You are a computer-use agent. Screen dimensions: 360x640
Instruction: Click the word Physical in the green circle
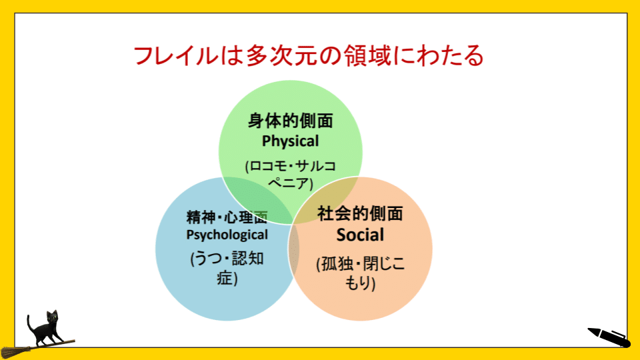(291, 141)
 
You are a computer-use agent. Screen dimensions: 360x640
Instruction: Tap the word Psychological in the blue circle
(227, 234)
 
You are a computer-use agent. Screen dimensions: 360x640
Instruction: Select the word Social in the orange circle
(361, 235)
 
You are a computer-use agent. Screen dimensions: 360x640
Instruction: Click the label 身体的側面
(291, 121)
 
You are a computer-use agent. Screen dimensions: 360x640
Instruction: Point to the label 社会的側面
(361, 214)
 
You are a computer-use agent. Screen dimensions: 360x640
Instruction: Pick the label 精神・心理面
(227, 217)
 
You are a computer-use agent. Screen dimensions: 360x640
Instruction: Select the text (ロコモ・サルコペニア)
(291, 174)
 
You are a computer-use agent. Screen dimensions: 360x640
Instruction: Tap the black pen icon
(608, 337)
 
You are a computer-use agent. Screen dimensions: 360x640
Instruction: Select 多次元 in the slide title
(261, 56)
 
